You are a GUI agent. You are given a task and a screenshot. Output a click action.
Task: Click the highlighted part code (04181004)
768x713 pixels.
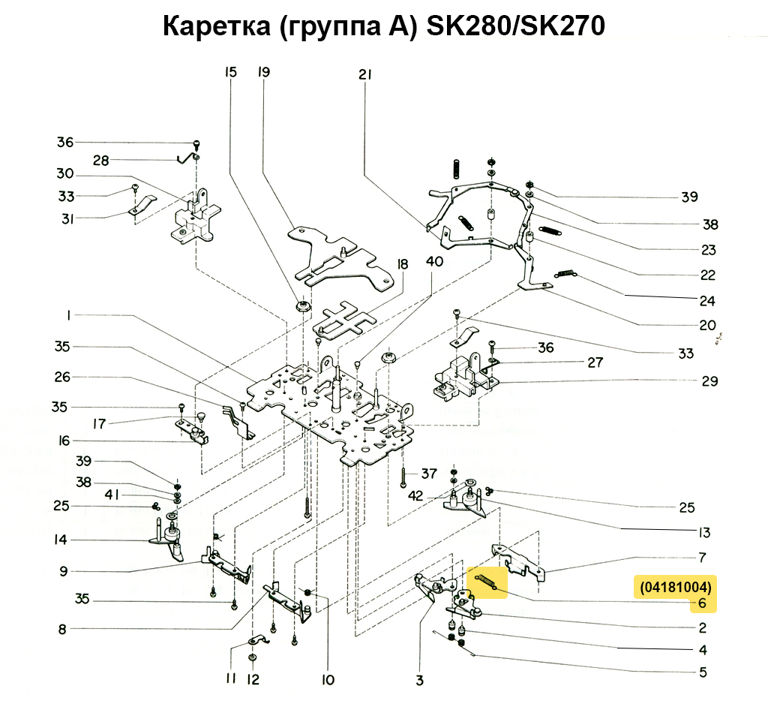(676, 586)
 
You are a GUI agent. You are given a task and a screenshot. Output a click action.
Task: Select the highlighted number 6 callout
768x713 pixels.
(702, 603)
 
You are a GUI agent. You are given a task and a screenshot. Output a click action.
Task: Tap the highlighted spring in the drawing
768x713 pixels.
(487, 581)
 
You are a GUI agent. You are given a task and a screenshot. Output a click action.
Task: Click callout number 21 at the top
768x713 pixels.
(365, 74)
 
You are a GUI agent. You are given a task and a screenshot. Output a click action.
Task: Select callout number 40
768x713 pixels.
(434, 261)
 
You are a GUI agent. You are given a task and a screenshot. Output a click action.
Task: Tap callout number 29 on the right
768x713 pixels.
(709, 381)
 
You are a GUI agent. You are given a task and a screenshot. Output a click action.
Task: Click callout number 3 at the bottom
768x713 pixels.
(419, 681)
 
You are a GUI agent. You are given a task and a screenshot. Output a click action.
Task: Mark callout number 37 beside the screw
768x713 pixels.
(428, 474)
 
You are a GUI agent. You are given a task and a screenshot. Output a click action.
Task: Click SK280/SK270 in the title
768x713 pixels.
(515, 27)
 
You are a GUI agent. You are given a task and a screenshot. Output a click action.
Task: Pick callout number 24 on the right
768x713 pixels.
(706, 301)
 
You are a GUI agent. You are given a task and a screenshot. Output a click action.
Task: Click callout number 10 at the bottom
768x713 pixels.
(327, 681)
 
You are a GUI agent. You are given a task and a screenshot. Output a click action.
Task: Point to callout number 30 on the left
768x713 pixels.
(64, 173)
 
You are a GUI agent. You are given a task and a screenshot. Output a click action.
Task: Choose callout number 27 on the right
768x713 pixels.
(595, 363)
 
